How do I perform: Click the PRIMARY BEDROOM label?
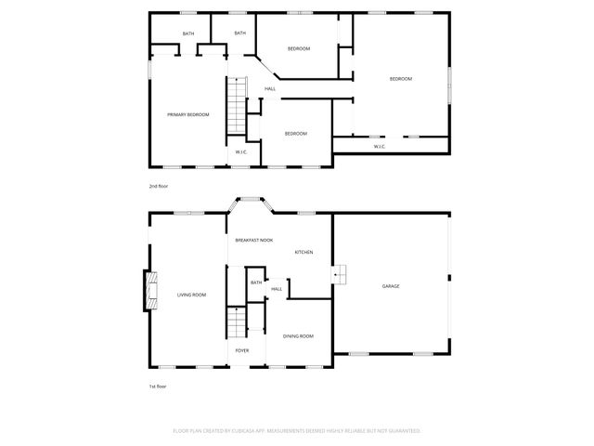[x=187, y=114]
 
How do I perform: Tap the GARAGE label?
[x=391, y=286]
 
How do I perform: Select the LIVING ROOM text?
[x=191, y=295]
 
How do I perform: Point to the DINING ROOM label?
[x=298, y=335]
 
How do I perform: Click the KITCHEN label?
[x=303, y=253]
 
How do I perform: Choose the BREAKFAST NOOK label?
[x=253, y=240]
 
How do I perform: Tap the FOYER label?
[x=241, y=350]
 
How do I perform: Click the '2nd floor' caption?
[x=159, y=186]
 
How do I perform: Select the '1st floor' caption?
[x=158, y=386]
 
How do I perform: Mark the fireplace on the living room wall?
[x=148, y=289]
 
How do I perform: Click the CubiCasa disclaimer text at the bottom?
[x=297, y=431]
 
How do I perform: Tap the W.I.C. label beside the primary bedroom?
[x=240, y=151]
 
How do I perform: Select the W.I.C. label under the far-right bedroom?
[x=380, y=146]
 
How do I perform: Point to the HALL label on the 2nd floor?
[x=270, y=89]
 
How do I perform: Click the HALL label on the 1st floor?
[x=277, y=289]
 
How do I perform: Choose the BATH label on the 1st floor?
[x=256, y=282]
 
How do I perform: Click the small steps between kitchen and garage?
[x=342, y=274]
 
